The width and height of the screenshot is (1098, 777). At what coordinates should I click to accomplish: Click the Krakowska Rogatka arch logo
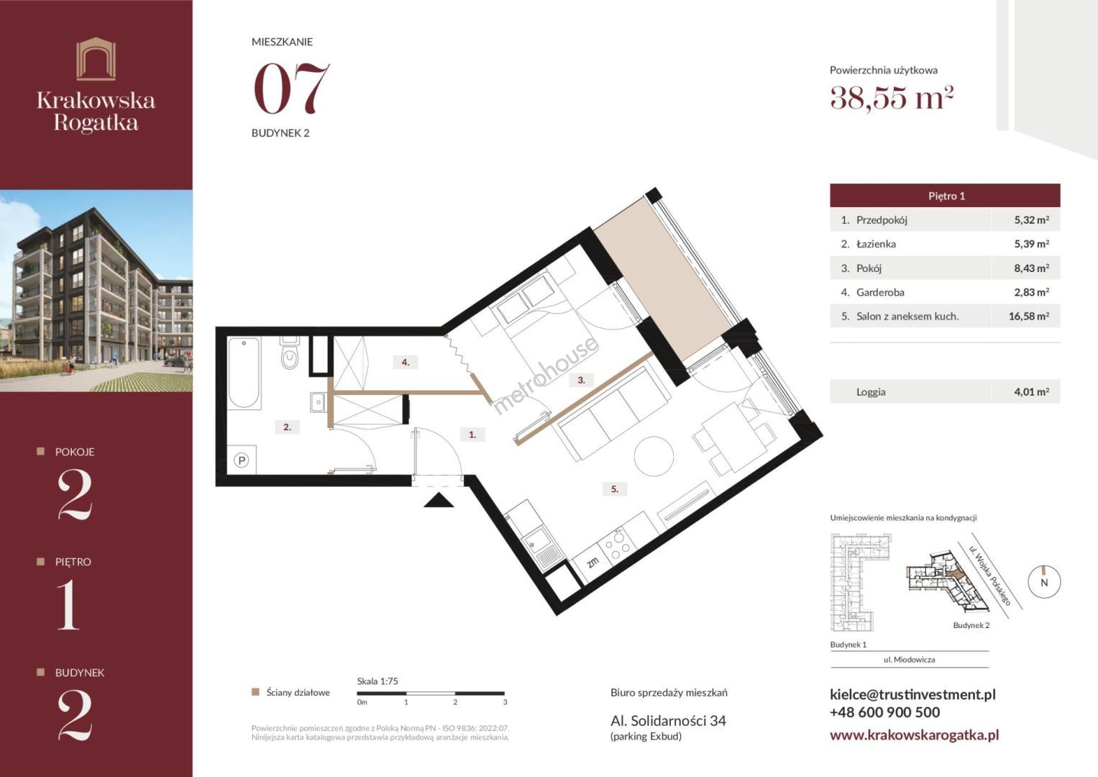tap(96, 59)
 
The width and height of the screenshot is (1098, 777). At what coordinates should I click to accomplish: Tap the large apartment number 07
tap(291, 88)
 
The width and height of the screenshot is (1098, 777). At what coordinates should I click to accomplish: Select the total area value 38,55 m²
tap(891, 98)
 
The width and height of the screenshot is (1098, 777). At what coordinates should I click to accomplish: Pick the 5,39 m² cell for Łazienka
tap(1031, 244)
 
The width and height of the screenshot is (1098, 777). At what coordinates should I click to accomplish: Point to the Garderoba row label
tap(880, 292)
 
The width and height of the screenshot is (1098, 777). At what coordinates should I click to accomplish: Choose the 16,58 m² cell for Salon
tap(1029, 317)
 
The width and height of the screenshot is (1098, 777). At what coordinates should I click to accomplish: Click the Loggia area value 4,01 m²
tap(1031, 392)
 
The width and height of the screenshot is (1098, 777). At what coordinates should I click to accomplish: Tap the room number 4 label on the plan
tap(406, 363)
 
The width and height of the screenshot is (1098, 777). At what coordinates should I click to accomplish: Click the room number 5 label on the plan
tap(615, 489)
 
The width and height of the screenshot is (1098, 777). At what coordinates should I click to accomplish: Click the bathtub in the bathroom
tap(244, 373)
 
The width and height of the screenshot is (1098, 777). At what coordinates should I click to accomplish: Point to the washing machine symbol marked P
tap(241, 460)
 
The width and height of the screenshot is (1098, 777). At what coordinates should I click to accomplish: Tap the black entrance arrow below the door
tap(438, 500)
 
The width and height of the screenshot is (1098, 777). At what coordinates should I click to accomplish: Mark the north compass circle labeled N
tap(1044, 582)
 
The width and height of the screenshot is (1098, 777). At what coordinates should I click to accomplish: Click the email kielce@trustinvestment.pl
tap(912, 694)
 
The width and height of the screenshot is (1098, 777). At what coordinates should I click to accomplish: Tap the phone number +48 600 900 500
tap(884, 712)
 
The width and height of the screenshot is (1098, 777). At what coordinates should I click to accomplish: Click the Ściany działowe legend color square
tap(255, 693)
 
